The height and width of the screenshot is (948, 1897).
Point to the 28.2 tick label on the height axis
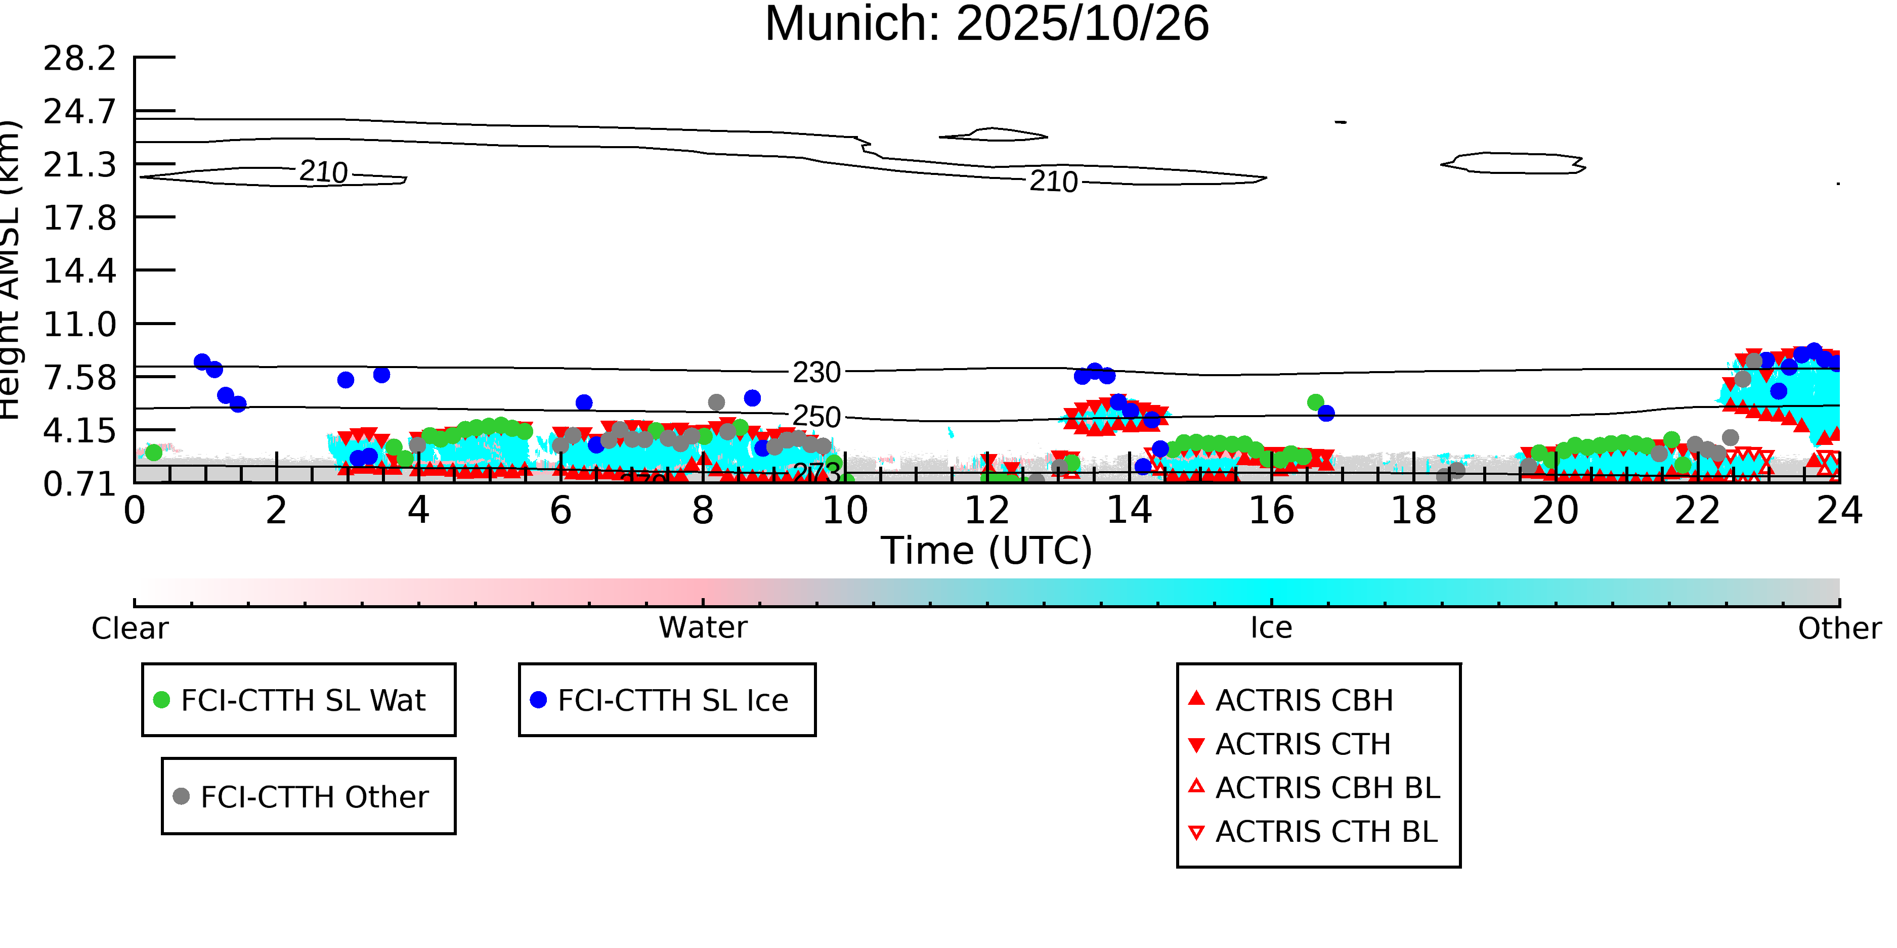tap(79, 58)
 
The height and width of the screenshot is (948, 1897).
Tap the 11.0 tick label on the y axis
tap(79, 325)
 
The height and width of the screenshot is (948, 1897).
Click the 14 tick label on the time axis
tap(1129, 511)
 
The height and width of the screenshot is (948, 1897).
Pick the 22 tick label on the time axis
tap(1697, 511)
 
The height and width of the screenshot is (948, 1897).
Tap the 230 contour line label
tap(816, 373)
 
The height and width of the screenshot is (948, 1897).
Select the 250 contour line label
tap(816, 417)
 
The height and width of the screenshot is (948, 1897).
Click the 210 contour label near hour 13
tap(1053, 181)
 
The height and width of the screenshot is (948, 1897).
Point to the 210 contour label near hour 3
tap(323, 172)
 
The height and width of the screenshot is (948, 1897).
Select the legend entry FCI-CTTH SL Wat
tap(303, 700)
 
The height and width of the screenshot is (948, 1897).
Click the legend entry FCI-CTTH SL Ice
tap(672, 700)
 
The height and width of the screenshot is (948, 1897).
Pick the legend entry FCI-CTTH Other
tap(314, 796)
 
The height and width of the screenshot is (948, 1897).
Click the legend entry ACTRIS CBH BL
tap(1327, 788)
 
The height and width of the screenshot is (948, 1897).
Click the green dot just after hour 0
tap(153, 452)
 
